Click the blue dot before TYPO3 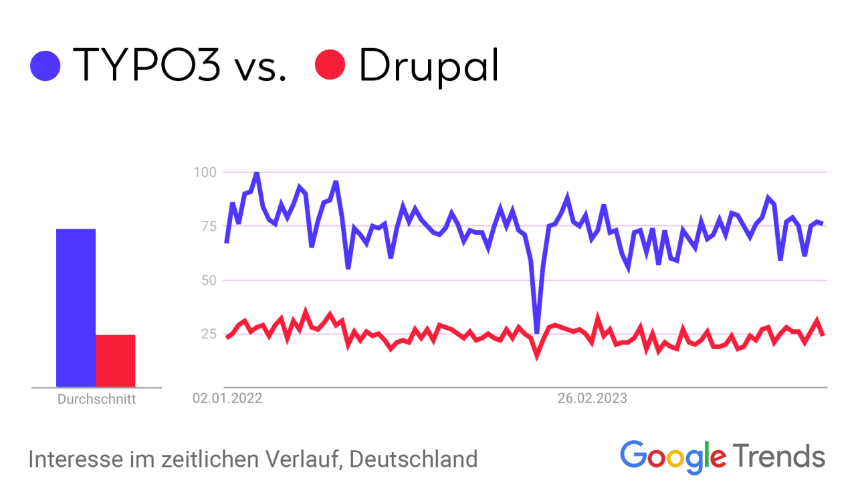point(45,66)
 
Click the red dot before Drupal point(330,66)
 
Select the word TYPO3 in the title point(146,65)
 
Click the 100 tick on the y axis point(205,173)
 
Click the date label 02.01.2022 point(227,399)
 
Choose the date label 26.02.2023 point(593,399)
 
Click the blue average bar point(76,308)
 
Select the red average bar point(116,361)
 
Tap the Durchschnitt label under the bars point(96,400)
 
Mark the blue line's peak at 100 point(256,173)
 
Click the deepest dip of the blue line point(536,332)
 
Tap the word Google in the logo point(673,456)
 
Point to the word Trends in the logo point(779,456)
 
